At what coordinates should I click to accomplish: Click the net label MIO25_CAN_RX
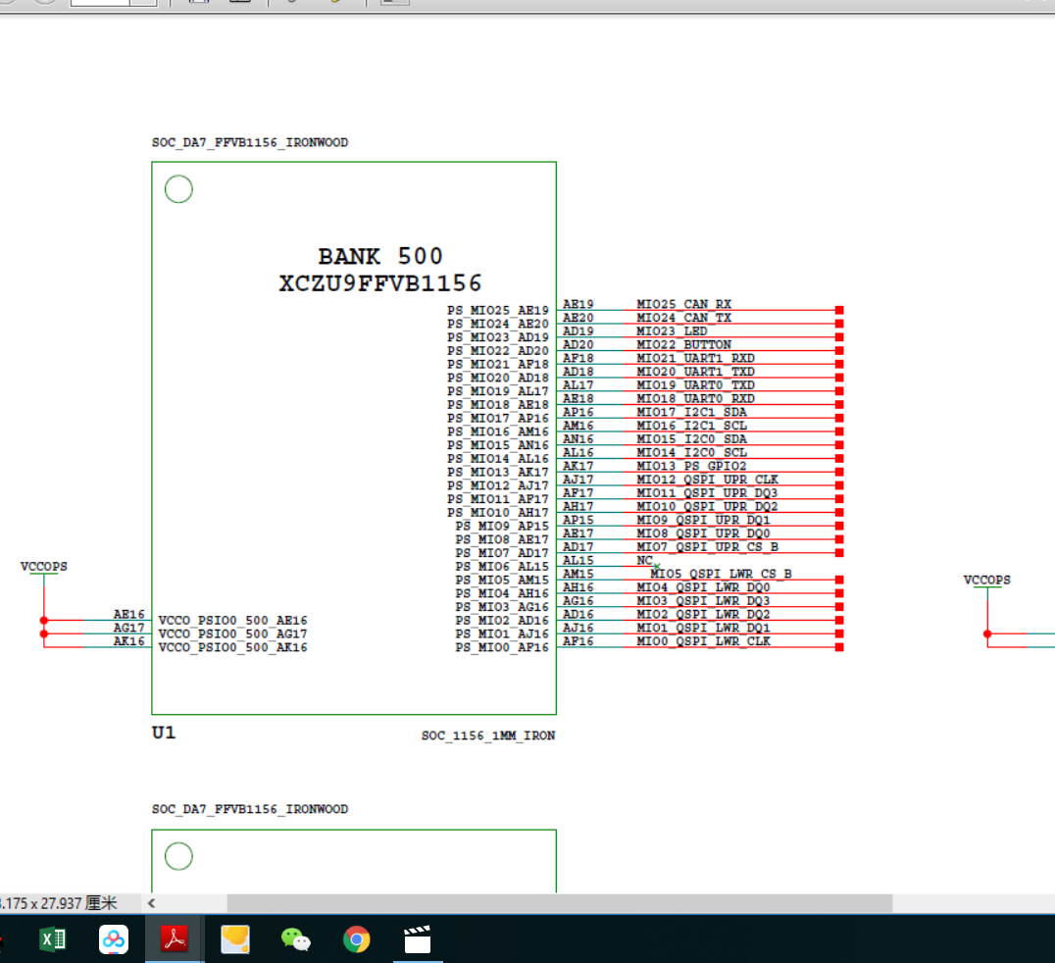click(x=683, y=305)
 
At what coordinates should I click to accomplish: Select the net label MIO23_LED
click(x=672, y=331)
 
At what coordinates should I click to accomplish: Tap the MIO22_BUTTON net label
click(x=683, y=345)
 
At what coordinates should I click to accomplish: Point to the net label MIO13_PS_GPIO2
click(x=691, y=466)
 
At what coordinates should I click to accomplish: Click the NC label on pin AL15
click(x=644, y=560)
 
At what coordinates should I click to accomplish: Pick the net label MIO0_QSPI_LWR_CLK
click(x=703, y=641)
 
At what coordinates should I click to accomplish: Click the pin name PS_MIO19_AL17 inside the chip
click(x=498, y=391)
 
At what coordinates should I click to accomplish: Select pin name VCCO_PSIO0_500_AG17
click(x=232, y=634)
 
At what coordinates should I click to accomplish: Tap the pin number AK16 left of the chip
click(x=128, y=641)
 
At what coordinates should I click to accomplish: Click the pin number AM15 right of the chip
click(x=578, y=574)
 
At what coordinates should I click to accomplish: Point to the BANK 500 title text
click(x=380, y=257)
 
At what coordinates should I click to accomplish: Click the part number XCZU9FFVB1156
click(x=380, y=284)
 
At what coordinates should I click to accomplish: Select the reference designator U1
click(x=164, y=733)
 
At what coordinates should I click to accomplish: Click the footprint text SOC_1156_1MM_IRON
click(x=488, y=735)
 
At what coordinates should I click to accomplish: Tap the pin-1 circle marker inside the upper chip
click(x=178, y=189)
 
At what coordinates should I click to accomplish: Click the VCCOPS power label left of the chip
click(x=43, y=567)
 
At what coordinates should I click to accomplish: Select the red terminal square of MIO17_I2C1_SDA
click(x=839, y=413)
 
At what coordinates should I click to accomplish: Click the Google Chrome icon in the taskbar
click(x=357, y=940)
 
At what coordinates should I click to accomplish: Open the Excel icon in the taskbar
click(x=53, y=940)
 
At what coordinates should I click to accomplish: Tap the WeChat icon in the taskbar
click(x=296, y=940)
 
